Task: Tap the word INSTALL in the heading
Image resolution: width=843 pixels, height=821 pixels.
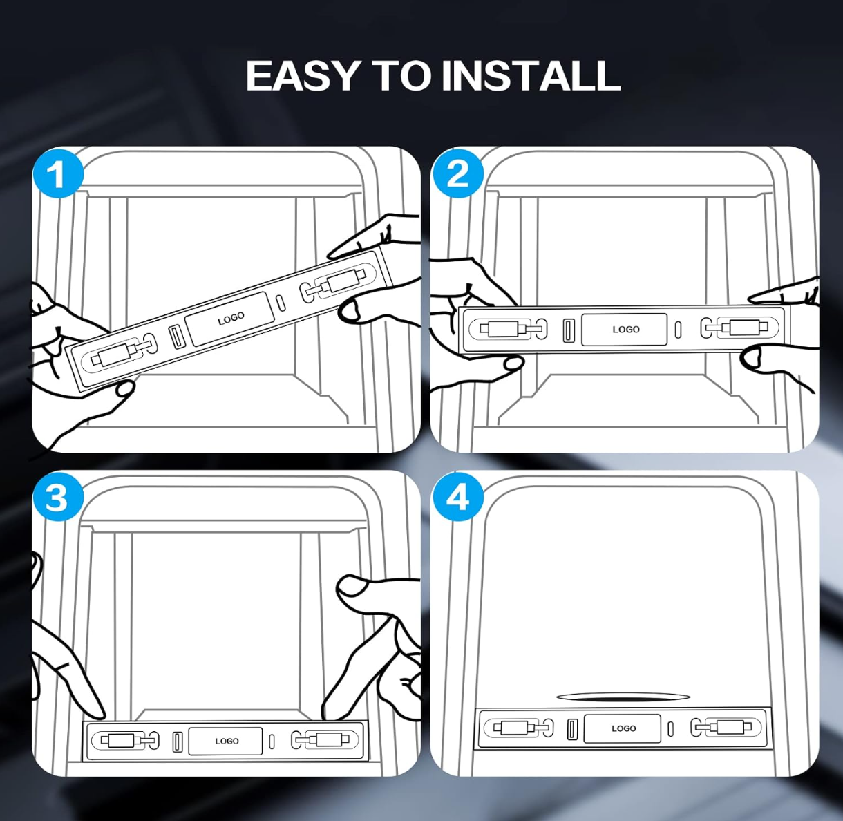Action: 531,75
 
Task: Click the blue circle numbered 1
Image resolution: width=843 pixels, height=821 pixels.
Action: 58,174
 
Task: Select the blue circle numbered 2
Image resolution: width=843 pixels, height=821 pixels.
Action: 458,174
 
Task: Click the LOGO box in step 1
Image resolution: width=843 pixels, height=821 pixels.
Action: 230,319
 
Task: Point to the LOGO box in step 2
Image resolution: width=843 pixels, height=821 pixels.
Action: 624,329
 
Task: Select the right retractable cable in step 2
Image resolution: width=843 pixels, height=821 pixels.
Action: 739,328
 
